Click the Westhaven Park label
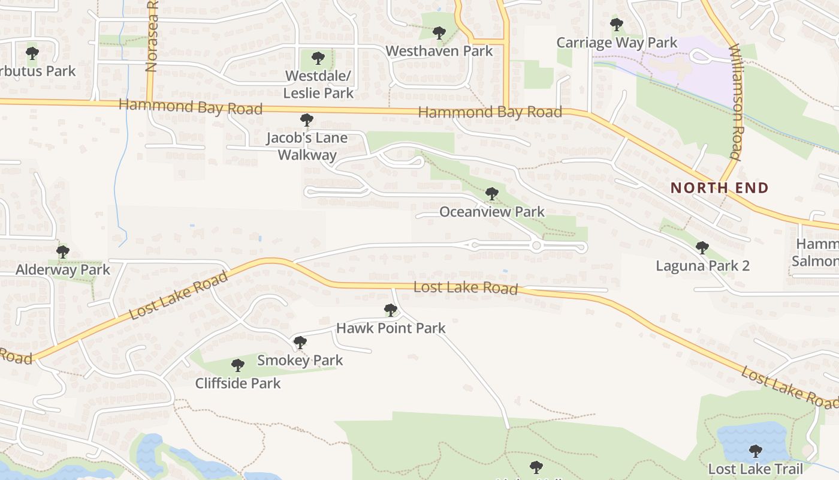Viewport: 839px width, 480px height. (x=439, y=51)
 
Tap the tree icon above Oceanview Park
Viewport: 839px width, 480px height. (x=492, y=194)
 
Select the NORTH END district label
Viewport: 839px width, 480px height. (x=719, y=188)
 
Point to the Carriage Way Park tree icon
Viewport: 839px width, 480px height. (x=617, y=25)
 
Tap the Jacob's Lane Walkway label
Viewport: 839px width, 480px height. (x=307, y=146)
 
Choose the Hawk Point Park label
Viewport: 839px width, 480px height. (x=391, y=328)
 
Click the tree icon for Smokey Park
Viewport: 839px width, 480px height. (x=300, y=343)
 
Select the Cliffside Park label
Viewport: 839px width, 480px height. (x=238, y=383)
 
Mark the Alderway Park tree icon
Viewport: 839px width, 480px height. (x=63, y=251)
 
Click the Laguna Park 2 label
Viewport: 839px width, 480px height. (x=702, y=266)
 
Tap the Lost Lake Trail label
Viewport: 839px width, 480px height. (x=755, y=469)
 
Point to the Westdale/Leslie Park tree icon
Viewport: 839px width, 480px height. (x=318, y=58)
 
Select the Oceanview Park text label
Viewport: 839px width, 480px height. (x=492, y=212)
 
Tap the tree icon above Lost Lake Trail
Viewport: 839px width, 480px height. (x=756, y=450)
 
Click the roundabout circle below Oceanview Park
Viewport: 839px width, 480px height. (x=536, y=246)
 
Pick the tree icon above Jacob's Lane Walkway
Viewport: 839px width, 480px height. (x=307, y=120)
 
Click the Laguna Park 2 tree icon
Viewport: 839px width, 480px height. (x=702, y=247)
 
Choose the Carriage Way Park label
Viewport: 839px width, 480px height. (x=617, y=43)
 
